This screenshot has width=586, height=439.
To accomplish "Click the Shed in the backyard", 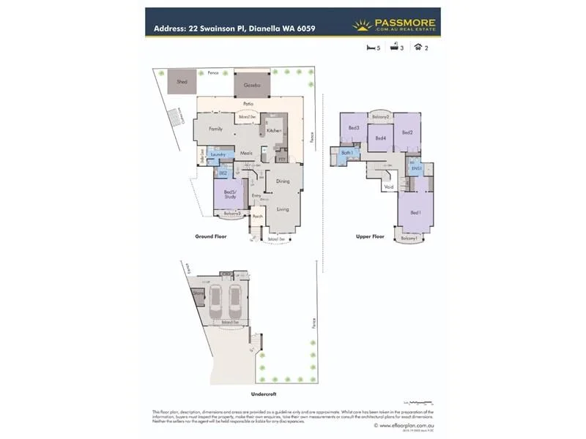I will coord(182,82).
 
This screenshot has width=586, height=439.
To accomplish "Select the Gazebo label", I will coord(249,85).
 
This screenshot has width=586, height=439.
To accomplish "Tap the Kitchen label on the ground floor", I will coord(274,130).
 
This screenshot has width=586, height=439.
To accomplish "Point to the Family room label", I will coord(215,129).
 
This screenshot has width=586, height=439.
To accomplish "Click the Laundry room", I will coord(217,154).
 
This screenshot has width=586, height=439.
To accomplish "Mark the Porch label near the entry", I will coord(257,217).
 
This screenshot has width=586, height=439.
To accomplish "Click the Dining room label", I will coord(282,181).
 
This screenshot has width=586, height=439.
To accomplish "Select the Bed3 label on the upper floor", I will coord(353,128).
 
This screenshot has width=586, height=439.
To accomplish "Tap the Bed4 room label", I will coord(380,138).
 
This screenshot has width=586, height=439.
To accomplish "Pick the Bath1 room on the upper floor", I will coord(349,153).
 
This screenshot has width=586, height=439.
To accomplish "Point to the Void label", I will coord(388,187).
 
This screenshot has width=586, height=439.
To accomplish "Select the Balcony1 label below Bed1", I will coord(409,239).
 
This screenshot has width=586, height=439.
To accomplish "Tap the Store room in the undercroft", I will coord(198,293).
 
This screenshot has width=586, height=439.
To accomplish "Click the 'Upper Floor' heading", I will coord(370,236).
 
